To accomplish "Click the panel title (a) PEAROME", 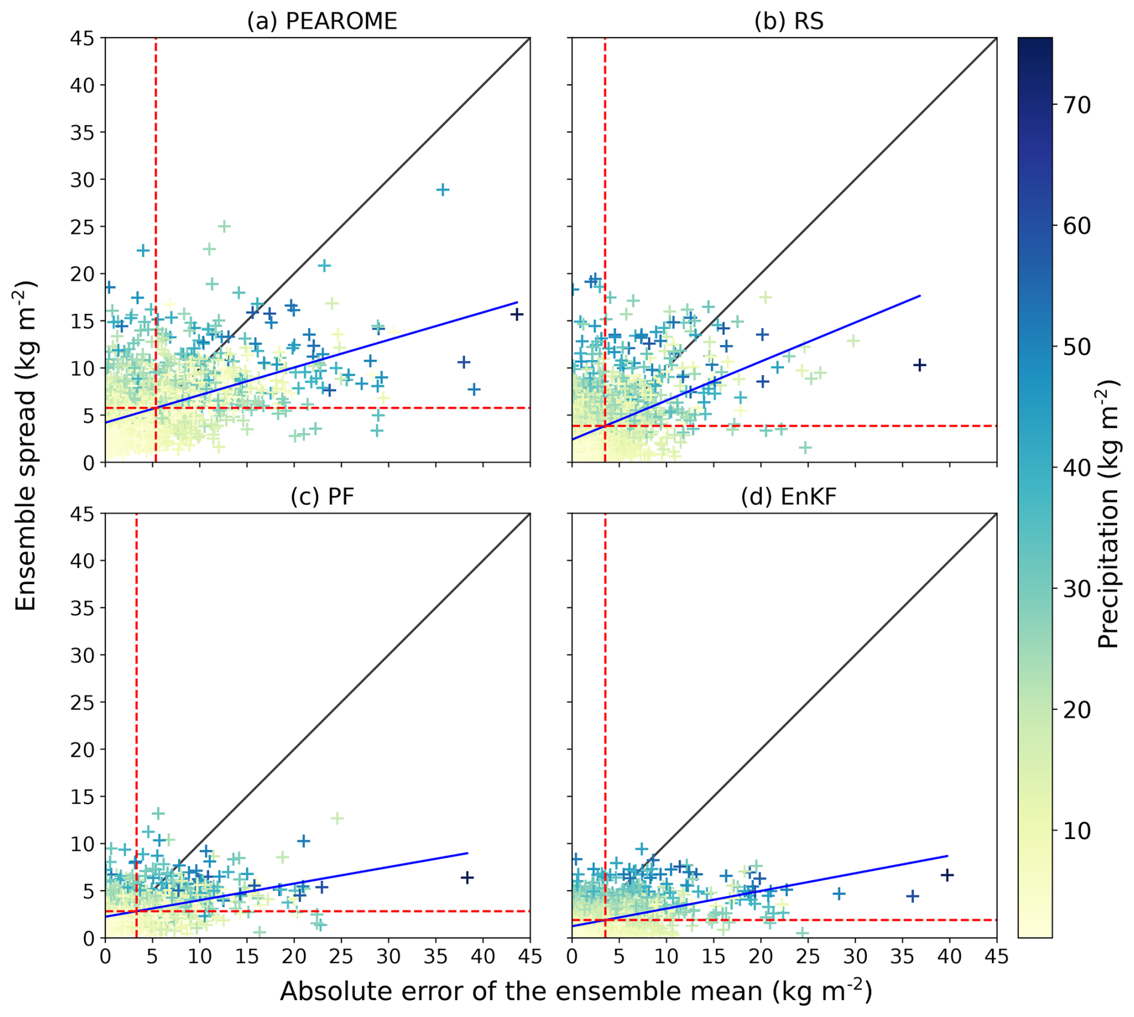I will (x=322, y=22).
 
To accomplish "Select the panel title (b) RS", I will (x=789, y=22).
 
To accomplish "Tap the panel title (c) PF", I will (x=322, y=497).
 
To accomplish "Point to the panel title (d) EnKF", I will (x=789, y=497).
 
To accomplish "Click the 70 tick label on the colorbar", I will (x=1077, y=105).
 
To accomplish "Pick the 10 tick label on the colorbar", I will (x=1077, y=831).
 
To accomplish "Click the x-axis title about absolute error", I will (x=575, y=991).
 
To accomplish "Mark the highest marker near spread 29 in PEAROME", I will (x=443, y=190).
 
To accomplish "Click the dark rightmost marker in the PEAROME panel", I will (x=517, y=314).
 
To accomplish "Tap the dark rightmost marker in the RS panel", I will (x=919, y=365).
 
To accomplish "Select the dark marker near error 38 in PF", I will (x=467, y=877).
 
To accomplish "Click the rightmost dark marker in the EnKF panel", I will (x=947, y=875).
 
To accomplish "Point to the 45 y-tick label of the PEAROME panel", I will (x=82, y=38).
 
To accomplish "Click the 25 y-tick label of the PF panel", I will (x=82, y=703).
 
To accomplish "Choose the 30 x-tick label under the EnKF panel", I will (x=855, y=957).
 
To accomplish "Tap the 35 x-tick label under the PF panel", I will (x=436, y=957).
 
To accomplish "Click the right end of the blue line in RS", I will (x=919, y=296).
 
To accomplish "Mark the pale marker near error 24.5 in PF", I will (x=337, y=818).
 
